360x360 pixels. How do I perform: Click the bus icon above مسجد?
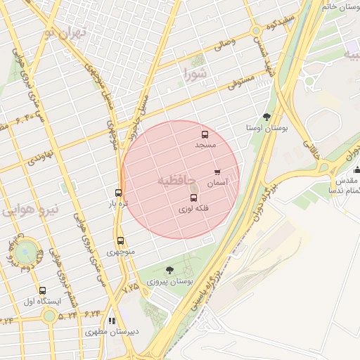[205, 134]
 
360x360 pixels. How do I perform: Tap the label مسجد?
[205, 145]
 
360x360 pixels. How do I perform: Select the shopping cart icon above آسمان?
[217, 172]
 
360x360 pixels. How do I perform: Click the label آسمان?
[217, 182]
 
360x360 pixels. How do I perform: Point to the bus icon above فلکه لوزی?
[193, 198]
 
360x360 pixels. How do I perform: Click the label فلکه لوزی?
[193, 209]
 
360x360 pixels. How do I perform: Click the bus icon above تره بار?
[118, 193]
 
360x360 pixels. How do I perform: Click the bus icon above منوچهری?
[120, 240]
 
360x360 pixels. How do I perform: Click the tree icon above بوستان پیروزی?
[169, 270]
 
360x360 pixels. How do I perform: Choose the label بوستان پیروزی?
[169, 281]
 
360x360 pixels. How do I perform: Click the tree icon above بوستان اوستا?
[266, 117]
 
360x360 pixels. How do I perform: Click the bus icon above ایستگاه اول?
[43, 290]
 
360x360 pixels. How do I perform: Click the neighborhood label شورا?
[195, 73]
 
